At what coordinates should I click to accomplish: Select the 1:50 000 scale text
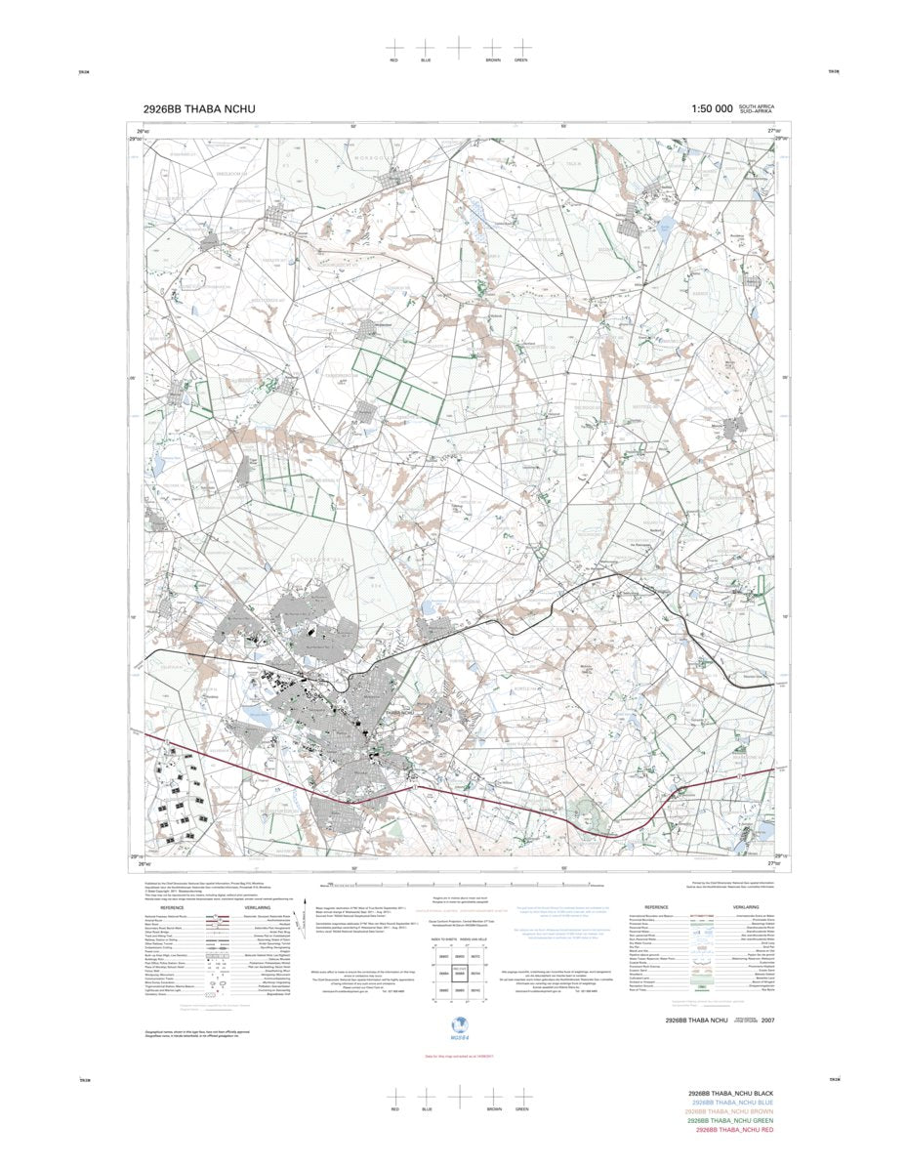click(x=711, y=110)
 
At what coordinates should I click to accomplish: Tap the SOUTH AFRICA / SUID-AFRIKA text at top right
click(x=757, y=109)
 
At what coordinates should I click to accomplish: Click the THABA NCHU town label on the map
click(x=402, y=714)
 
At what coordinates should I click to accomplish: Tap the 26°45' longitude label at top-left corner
click(x=143, y=131)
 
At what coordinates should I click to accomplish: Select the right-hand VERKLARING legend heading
click(x=739, y=906)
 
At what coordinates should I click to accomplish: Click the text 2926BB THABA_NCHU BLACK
click(x=730, y=1093)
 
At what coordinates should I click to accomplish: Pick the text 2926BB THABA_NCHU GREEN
click(x=730, y=1120)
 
